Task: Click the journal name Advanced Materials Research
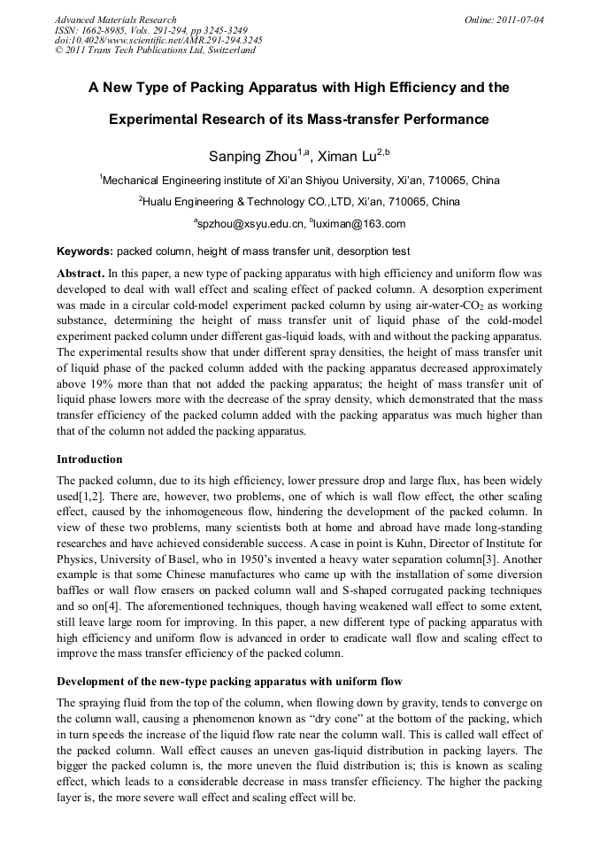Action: (115, 19)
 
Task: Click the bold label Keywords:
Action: (85, 251)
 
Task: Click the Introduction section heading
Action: (89, 459)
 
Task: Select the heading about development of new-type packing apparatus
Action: (229, 681)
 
